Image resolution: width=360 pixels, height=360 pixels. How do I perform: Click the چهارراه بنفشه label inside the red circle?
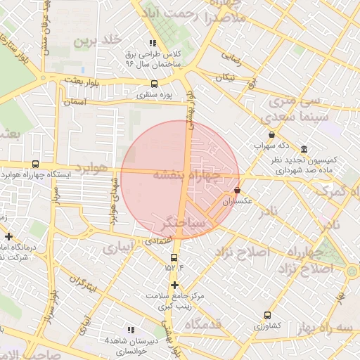tap(187, 175)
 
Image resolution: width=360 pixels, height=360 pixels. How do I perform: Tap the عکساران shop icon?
tap(236, 191)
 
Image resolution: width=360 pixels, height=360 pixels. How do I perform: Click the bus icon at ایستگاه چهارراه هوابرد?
tap(35, 164)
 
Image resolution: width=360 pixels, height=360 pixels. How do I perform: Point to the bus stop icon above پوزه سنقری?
tap(154, 84)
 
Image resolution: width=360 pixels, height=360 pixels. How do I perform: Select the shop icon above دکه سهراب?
tap(272, 134)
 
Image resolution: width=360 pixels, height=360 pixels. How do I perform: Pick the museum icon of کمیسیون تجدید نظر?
tap(303, 150)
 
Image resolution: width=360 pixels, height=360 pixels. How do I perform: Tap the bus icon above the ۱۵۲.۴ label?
tap(174, 257)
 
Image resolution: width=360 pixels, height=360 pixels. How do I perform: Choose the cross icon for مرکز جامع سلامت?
tap(174, 285)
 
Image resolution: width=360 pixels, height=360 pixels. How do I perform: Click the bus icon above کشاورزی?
tap(266, 316)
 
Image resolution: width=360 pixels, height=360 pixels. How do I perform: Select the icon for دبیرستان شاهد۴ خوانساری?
tap(130, 329)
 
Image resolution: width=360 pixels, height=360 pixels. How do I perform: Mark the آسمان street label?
tap(73, 102)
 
